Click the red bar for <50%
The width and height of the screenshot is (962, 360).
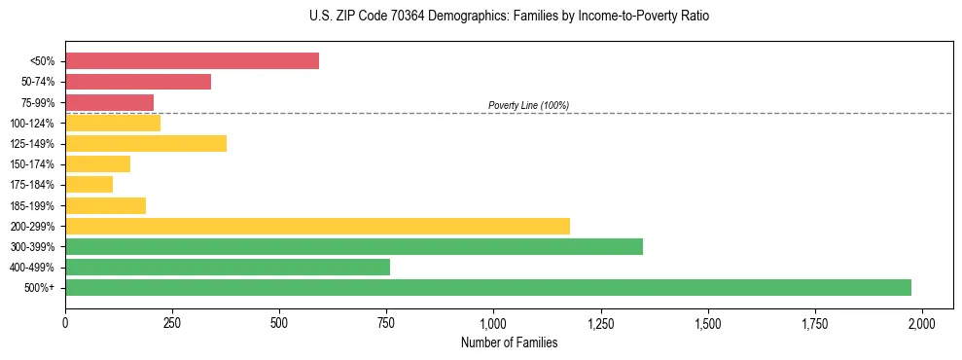tap(192, 61)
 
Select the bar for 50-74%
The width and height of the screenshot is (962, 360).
tap(138, 82)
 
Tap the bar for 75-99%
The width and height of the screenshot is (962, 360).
tap(109, 102)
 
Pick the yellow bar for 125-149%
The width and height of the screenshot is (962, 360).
tap(146, 144)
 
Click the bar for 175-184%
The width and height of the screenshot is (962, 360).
tap(89, 185)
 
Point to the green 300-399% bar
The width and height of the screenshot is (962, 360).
tap(354, 246)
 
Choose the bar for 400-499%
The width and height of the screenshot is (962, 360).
tap(228, 267)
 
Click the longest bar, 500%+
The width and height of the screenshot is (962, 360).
tap(488, 287)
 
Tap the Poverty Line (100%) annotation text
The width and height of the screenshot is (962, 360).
tap(528, 105)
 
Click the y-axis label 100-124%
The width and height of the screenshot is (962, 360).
tap(32, 124)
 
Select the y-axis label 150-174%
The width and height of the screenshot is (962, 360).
tap(32, 164)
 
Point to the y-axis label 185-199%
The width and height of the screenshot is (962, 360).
tap(32, 205)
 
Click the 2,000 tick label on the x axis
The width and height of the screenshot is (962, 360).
tap(922, 323)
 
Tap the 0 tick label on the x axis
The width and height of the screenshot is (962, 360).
tap(65, 323)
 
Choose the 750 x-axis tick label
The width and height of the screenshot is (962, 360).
tap(386, 323)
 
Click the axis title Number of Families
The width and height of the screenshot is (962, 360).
tap(509, 342)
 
